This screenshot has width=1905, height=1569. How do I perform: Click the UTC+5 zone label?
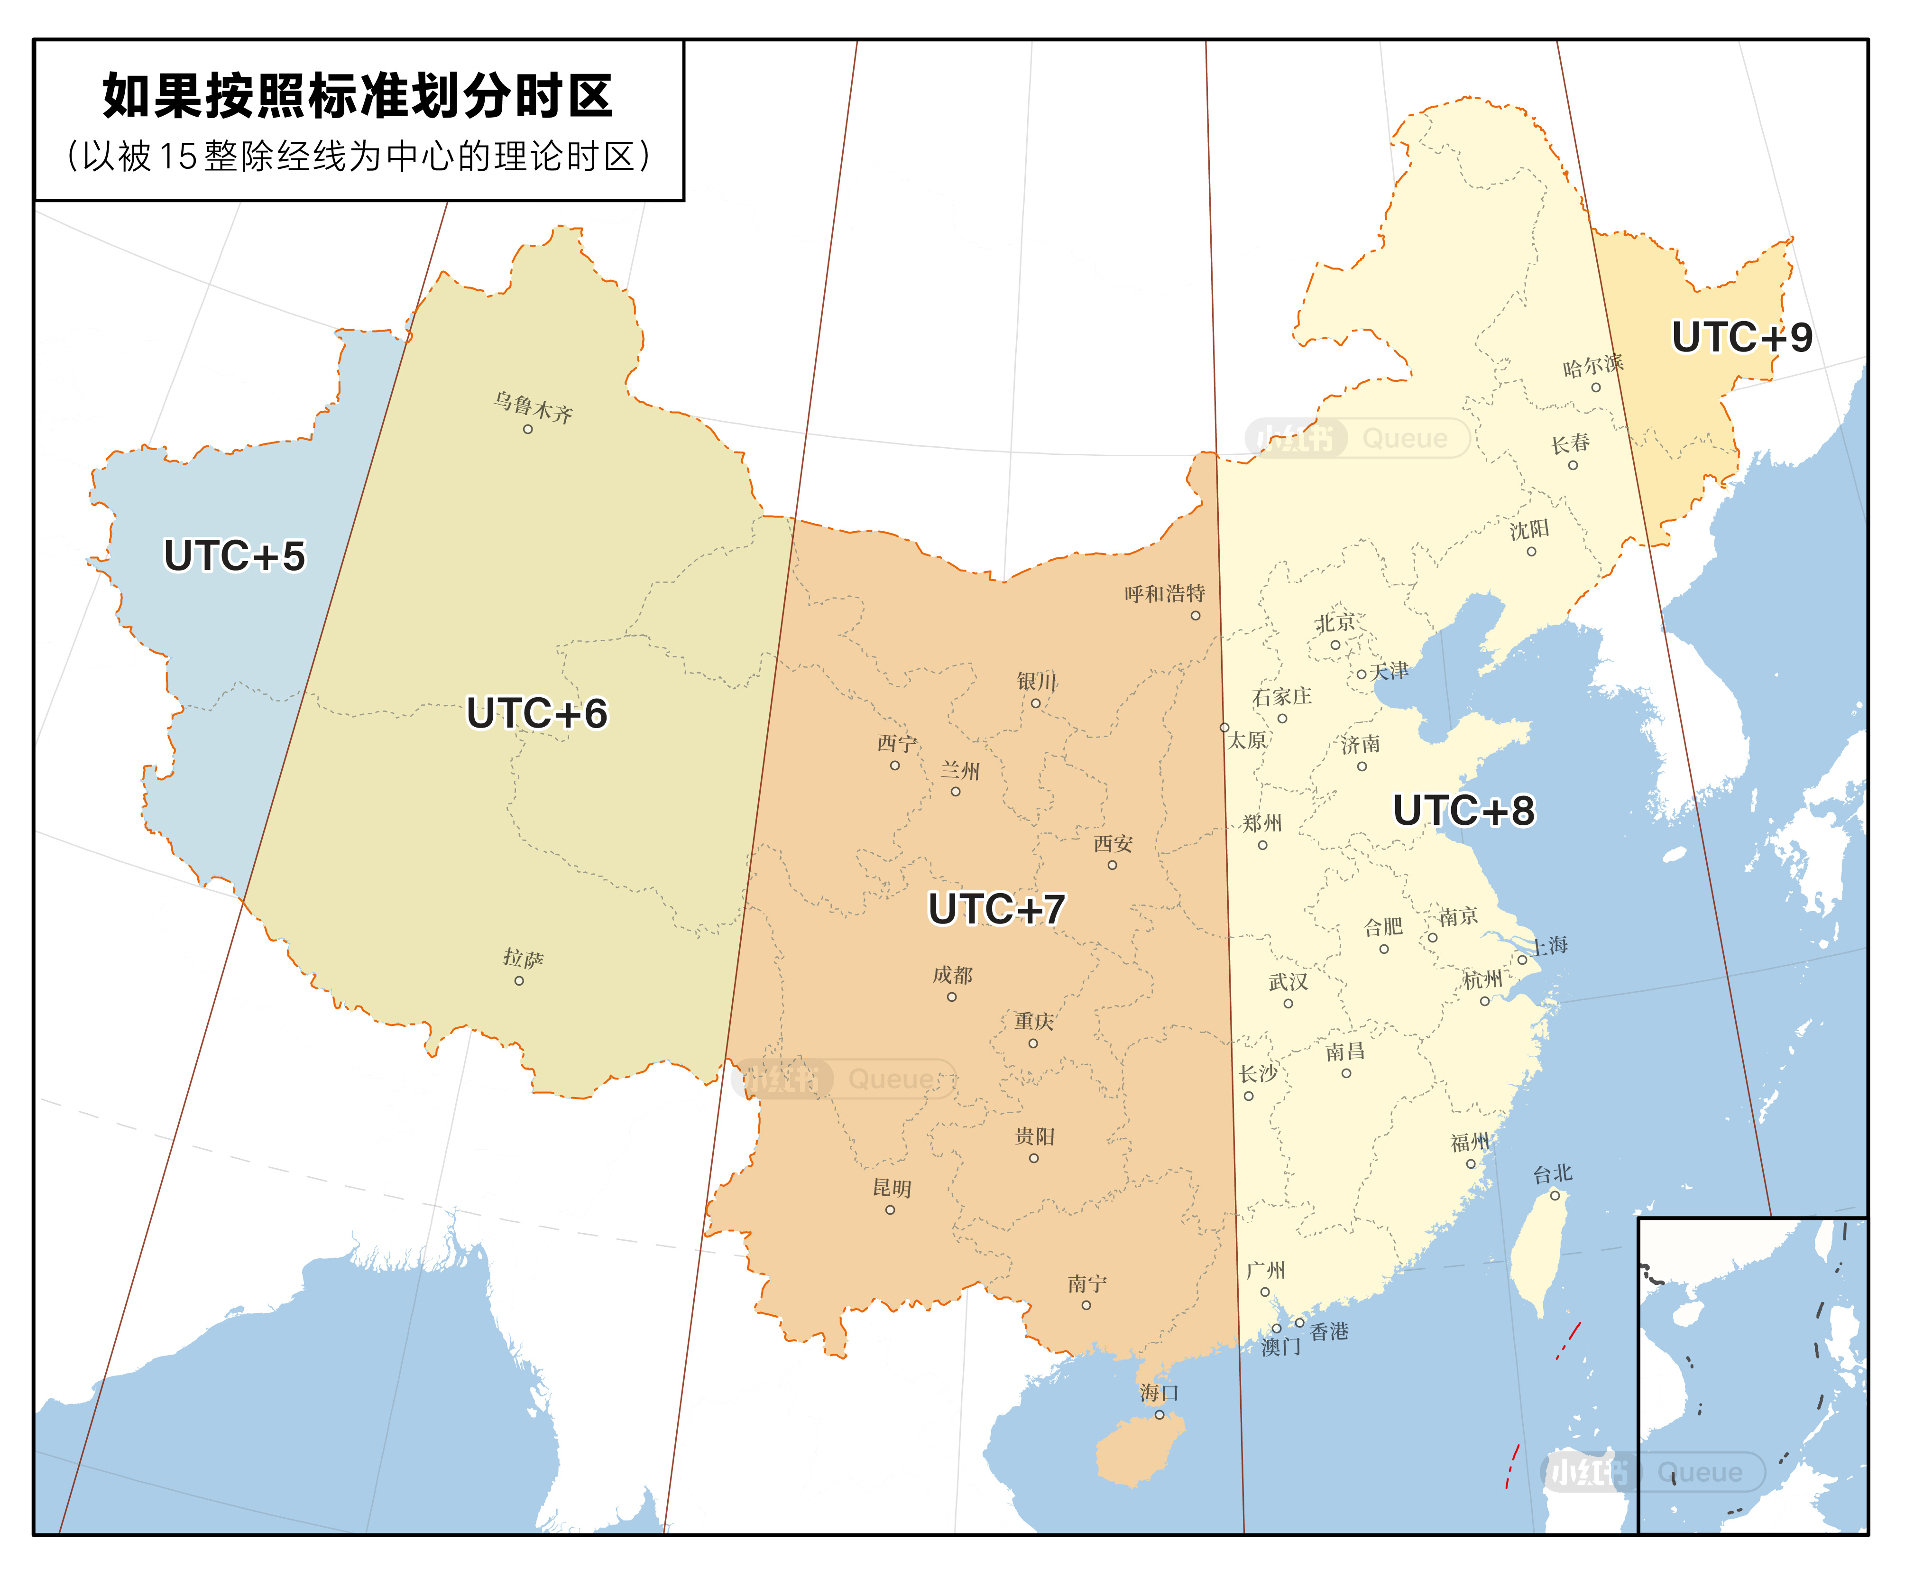pos(234,556)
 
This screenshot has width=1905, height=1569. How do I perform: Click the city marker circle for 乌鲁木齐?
pos(528,429)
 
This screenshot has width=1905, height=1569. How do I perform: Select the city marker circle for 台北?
pos(1555,1195)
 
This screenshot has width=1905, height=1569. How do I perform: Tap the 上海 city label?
pos(1548,945)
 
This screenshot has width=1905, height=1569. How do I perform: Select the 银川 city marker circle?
pos(1036,703)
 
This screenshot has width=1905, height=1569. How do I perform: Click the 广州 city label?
pos(1265,1271)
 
